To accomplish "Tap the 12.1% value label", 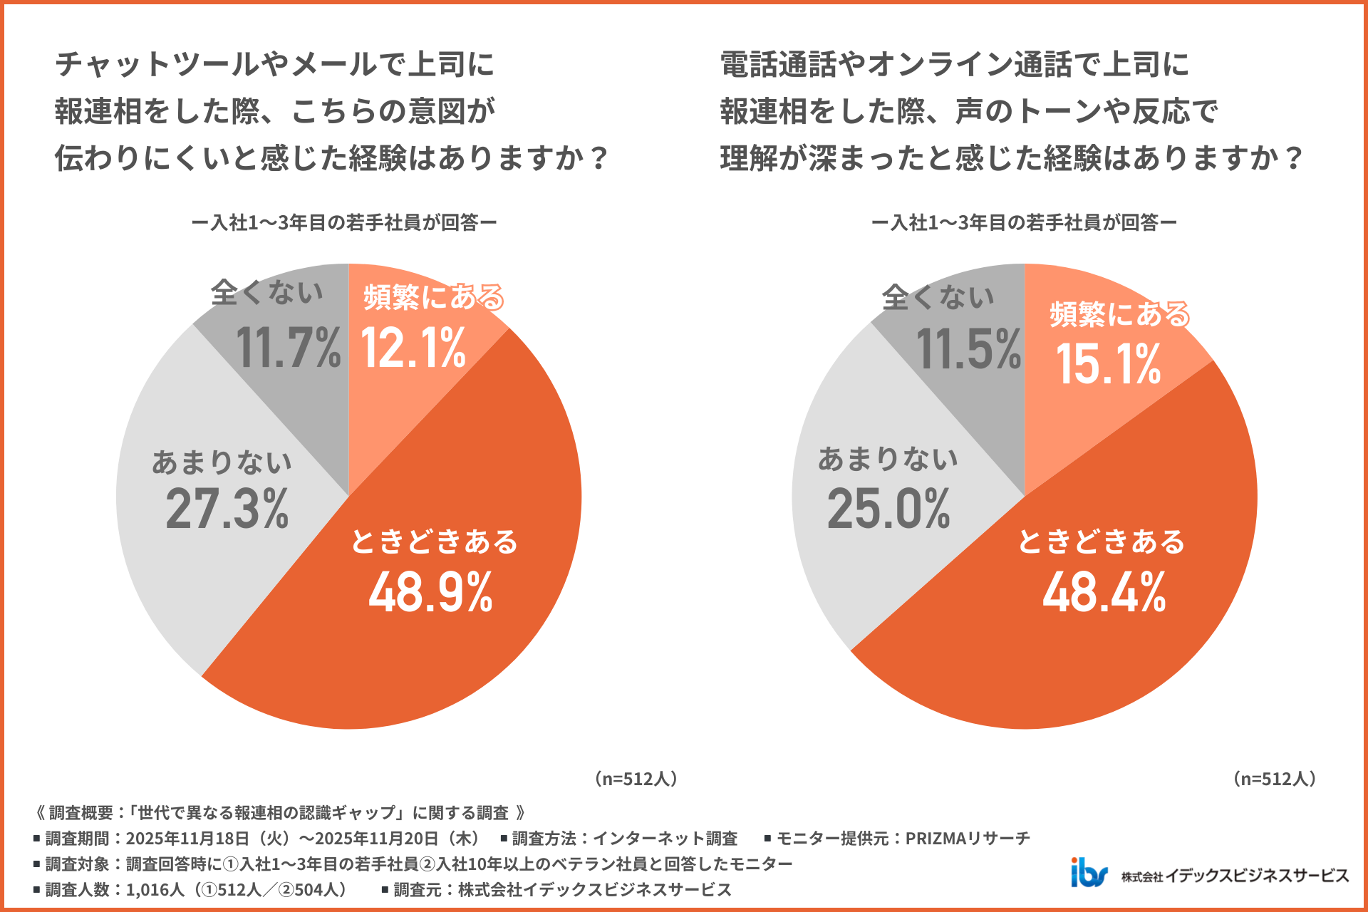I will pos(413,348).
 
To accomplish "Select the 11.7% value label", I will pos(288,348).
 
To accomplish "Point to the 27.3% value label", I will pos(227,509).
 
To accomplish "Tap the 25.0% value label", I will pos(888,509).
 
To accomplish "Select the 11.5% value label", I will pos(968,350).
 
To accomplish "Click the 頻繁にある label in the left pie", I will pos(433,297).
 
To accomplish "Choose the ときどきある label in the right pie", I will pos(1101,541).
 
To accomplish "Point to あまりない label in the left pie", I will pos(222,462).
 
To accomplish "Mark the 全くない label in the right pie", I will pos(938,296).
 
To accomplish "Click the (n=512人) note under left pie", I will pos(636,779).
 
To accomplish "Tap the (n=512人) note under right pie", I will pos(1274,779).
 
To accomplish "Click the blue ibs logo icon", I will pos(1089,872).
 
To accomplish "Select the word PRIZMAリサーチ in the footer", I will pos(968,839).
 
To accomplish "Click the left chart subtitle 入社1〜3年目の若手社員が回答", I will pos(344,223).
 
